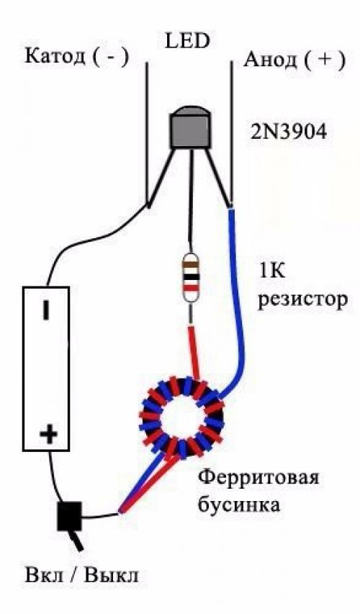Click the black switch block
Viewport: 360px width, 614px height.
pyautogui.click(x=69, y=516)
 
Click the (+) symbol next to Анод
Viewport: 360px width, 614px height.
pyautogui.click(x=325, y=59)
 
